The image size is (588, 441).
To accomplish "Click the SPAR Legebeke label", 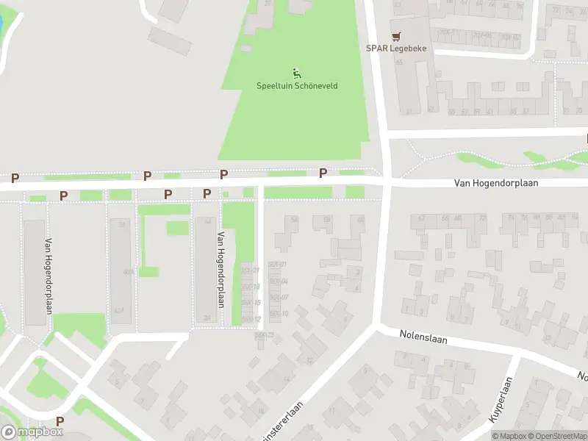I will tap(396, 49).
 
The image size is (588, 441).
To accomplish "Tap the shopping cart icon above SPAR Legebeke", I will tap(397, 35).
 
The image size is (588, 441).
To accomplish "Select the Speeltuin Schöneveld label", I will tap(298, 86).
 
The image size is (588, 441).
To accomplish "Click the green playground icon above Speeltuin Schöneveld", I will tap(297, 72).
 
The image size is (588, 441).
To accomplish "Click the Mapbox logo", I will tap(32, 432).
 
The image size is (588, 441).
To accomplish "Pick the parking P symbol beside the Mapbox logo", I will tap(60, 421).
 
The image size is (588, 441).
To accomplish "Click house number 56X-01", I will tap(277, 265).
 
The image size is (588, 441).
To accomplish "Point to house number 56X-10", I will tap(278, 314).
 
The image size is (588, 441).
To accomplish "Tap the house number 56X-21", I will tap(251, 270).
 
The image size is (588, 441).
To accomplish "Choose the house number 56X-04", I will tap(278, 282).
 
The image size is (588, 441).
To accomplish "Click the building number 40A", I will tap(128, 272).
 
